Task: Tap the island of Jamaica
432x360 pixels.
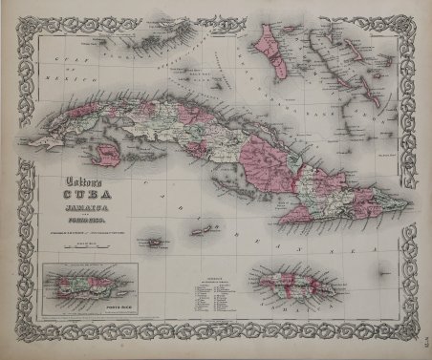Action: coord(285,286)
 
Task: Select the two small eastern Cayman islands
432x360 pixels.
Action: coord(201,230)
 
